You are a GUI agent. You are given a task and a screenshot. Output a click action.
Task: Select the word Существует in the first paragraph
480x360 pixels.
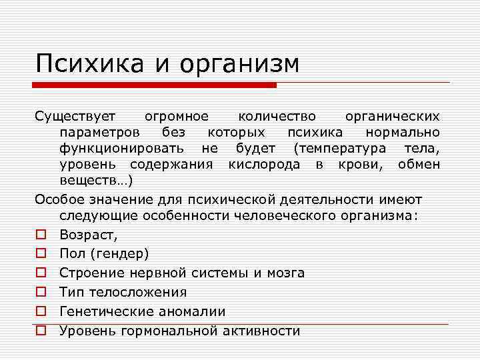click(x=76, y=117)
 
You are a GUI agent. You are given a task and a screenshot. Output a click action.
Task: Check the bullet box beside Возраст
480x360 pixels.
click(x=41, y=235)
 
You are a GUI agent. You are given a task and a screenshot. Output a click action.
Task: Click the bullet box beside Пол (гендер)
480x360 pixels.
click(x=41, y=254)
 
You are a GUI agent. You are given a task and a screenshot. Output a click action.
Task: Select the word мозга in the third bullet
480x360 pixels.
click(x=285, y=273)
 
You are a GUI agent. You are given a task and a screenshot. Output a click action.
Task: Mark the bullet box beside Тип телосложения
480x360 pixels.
click(x=41, y=293)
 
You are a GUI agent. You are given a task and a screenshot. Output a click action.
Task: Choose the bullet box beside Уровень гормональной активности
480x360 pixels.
click(x=41, y=331)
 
